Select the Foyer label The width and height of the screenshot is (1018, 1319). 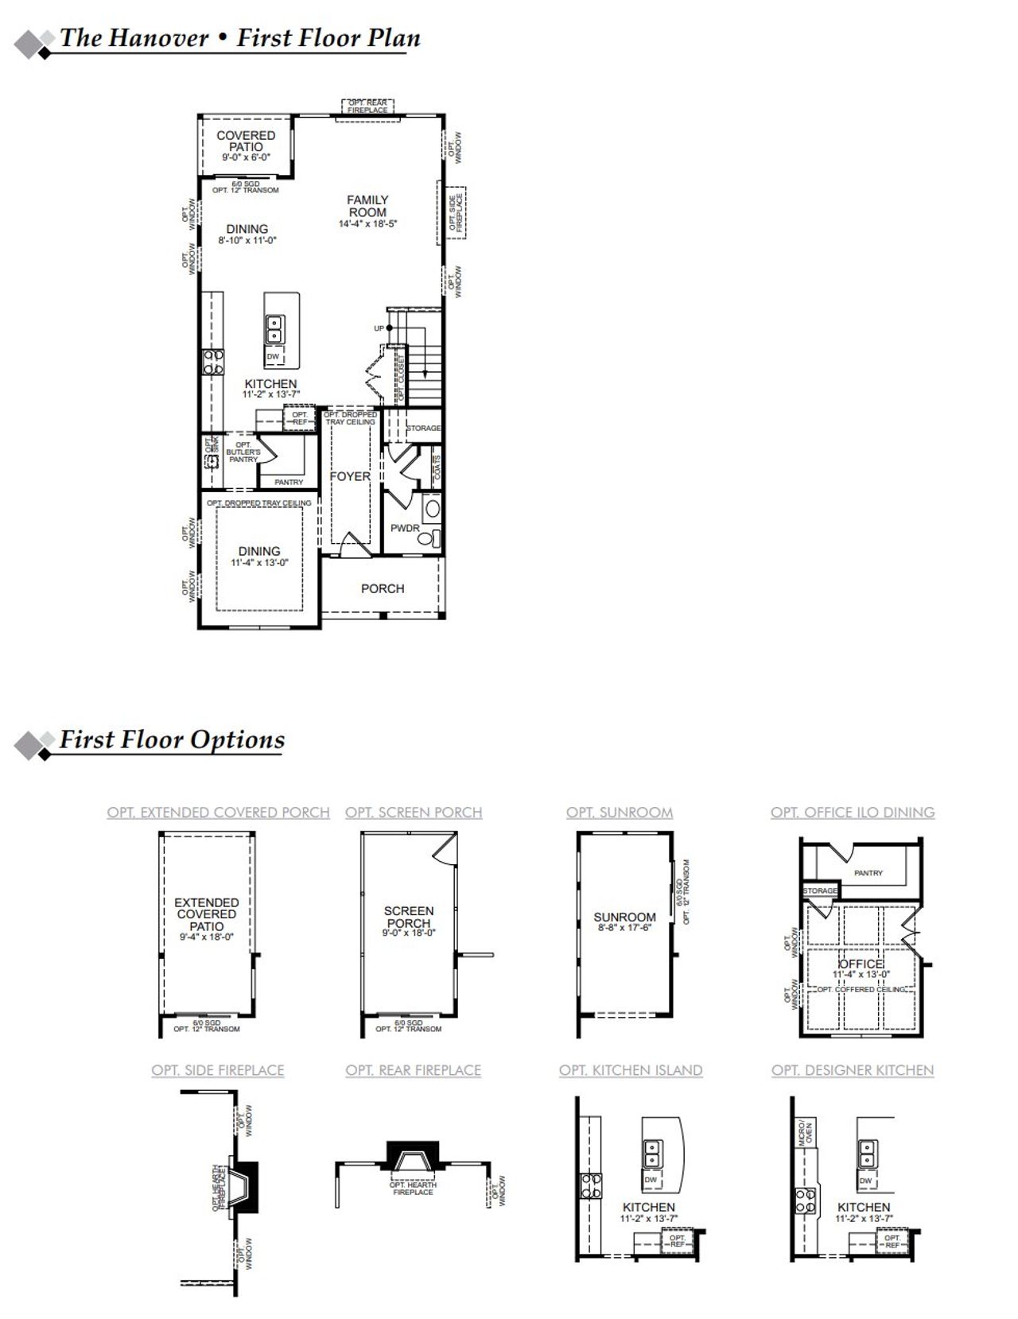tap(350, 476)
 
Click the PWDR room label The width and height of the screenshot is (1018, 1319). tap(405, 528)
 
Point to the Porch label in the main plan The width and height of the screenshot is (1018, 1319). tap(383, 588)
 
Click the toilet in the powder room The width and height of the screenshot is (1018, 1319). tap(428, 538)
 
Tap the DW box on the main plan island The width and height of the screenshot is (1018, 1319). tap(273, 357)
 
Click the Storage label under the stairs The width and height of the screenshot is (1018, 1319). tap(423, 428)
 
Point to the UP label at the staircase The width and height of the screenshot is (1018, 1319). tap(379, 328)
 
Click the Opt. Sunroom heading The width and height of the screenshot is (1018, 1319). tap(620, 813)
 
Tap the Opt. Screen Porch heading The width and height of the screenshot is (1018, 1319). tap(414, 813)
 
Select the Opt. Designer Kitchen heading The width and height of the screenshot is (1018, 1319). tap(853, 1070)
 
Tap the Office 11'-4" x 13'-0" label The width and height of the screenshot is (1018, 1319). tap(861, 968)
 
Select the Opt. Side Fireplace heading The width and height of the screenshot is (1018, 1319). tap(218, 1070)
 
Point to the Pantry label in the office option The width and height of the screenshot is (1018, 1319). tap(868, 873)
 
